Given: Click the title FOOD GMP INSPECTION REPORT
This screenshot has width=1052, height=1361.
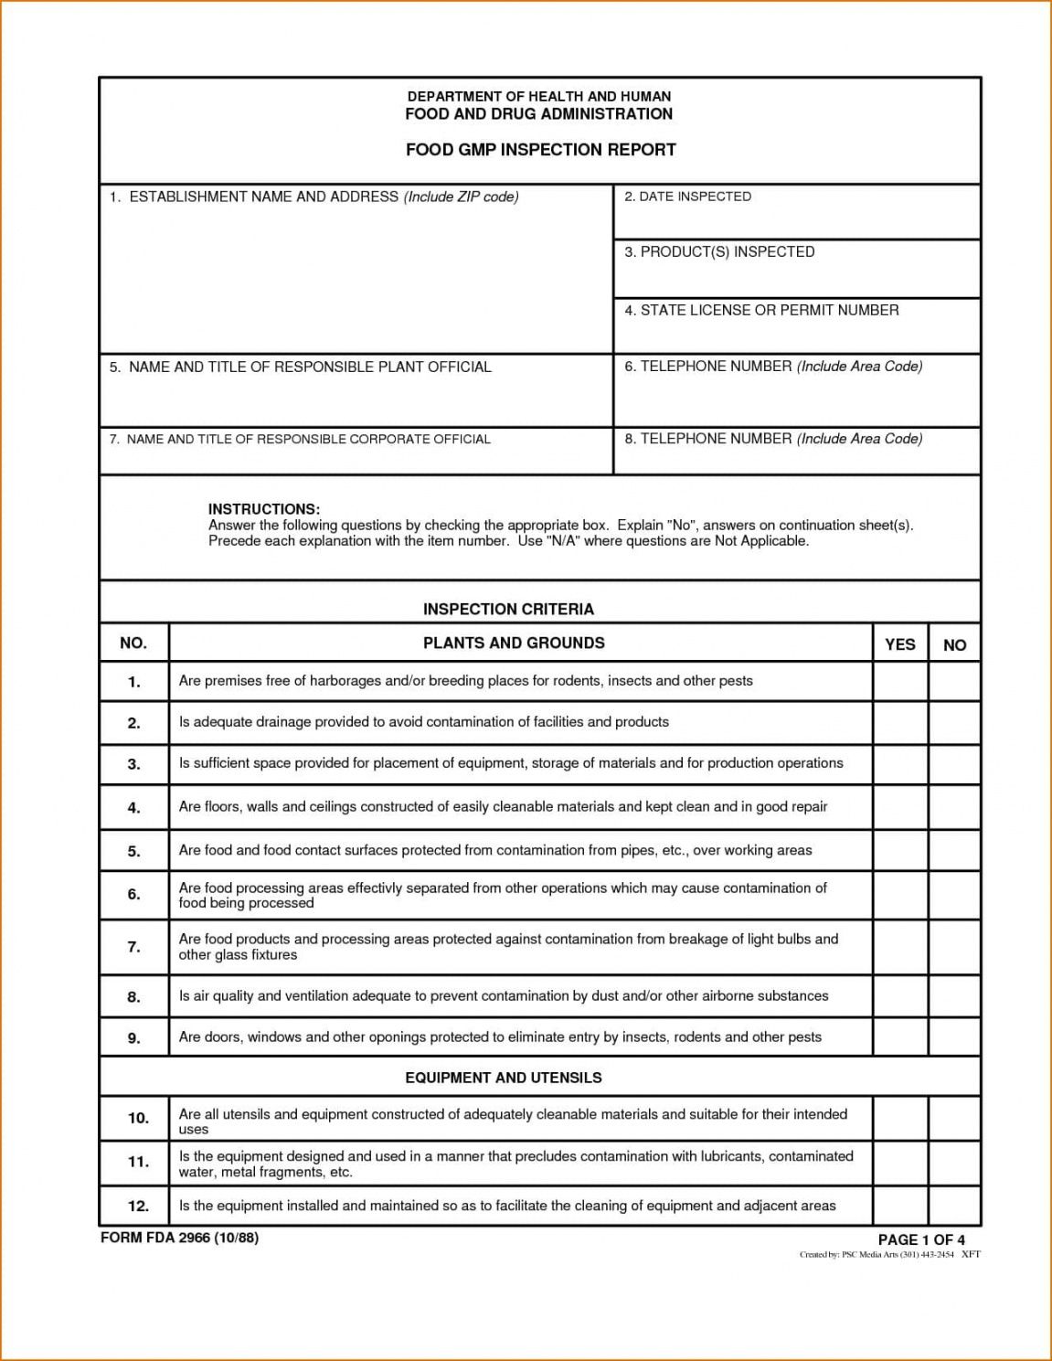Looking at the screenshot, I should click(x=540, y=150).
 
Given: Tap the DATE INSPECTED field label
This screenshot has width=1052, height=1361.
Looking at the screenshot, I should click(x=687, y=197).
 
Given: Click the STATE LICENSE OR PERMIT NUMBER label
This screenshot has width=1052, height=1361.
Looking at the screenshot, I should click(x=761, y=311).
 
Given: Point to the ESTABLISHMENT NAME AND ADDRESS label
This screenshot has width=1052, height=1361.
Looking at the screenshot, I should click(x=314, y=197).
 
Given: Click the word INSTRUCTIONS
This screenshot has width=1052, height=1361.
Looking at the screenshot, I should click(x=264, y=509).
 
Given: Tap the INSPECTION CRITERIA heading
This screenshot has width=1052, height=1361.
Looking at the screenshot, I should click(x=508, y=609).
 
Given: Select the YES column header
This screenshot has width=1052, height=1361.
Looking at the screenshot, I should click(x=900, y=644).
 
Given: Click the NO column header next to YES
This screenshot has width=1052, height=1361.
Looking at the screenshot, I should click(x=954, y=645).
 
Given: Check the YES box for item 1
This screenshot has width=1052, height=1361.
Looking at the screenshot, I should click(x=900, y=682).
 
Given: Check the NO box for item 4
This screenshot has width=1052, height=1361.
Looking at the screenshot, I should click(x=954, y=807).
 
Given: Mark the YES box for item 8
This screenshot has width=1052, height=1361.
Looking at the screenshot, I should click(x=900, y=996).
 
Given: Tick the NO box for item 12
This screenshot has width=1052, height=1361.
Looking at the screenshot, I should click(x=954, y=1207).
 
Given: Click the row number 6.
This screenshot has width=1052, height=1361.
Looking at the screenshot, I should click(x=133, y=895).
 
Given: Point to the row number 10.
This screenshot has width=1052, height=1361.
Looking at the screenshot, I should click(x=138, y=1118).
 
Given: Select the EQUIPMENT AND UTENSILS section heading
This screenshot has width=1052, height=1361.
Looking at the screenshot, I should click(x=504, y=1078).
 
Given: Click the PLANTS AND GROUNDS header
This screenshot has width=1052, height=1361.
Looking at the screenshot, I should click(x=514, y=643).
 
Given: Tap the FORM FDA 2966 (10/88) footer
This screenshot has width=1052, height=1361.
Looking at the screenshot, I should click(x=179, y=1239).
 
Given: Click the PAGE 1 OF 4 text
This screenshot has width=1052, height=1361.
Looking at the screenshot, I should click(x=921, y=1239).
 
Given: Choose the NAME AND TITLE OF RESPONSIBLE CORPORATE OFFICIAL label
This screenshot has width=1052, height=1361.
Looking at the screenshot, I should click(x=300, y=440).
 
